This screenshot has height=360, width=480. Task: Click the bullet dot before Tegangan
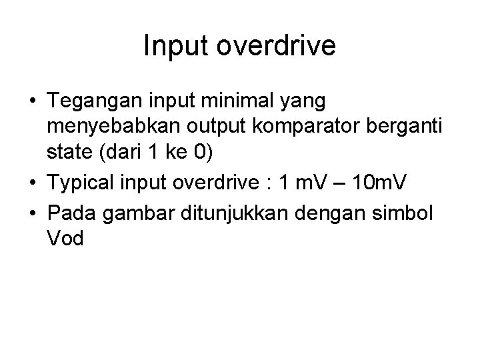coord(33,102)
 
